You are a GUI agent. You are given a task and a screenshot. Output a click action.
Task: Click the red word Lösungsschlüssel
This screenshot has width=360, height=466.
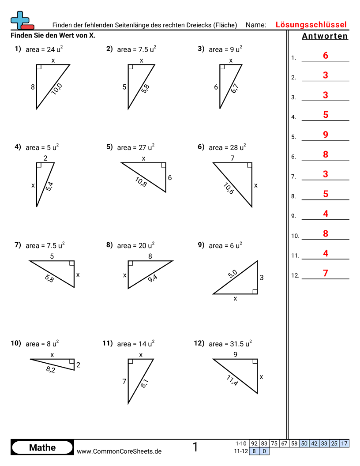pos(311,25)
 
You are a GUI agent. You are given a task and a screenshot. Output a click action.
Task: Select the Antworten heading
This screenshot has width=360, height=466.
pos(325,36)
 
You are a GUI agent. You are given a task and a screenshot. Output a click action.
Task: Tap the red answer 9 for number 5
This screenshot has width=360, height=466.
pos(326,135)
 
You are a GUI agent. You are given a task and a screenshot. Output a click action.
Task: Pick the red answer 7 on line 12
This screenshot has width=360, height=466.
pos(326,273)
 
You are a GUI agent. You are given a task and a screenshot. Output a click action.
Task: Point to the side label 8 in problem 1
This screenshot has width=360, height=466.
pos(33,87)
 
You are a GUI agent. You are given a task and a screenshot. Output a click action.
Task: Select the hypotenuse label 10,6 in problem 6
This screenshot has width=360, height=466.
pos(228,188)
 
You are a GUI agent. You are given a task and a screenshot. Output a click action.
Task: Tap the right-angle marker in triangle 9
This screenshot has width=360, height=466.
pos(255,291)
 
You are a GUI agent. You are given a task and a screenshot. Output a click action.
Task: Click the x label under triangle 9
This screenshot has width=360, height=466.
pos(235,299)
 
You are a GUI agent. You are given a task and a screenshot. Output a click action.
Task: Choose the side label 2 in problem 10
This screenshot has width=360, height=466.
pos(78,365)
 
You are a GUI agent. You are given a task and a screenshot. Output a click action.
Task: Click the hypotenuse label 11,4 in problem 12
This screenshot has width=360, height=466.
pos(232,380)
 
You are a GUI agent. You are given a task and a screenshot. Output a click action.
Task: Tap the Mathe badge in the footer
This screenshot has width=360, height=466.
pos(42,447)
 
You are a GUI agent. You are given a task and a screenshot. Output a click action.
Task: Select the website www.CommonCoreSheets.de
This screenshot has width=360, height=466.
pos(119,451)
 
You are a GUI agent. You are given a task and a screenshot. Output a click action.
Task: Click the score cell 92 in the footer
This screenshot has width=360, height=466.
pos(254,443)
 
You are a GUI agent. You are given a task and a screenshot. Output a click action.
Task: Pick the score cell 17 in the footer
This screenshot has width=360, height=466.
pos(345,443)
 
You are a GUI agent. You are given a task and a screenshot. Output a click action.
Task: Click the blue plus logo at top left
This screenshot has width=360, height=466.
pos(20,19)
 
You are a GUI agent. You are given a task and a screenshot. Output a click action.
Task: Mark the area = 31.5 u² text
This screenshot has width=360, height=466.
pos(230,343)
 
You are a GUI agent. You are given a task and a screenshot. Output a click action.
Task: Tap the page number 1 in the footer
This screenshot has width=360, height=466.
pos(195,447)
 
